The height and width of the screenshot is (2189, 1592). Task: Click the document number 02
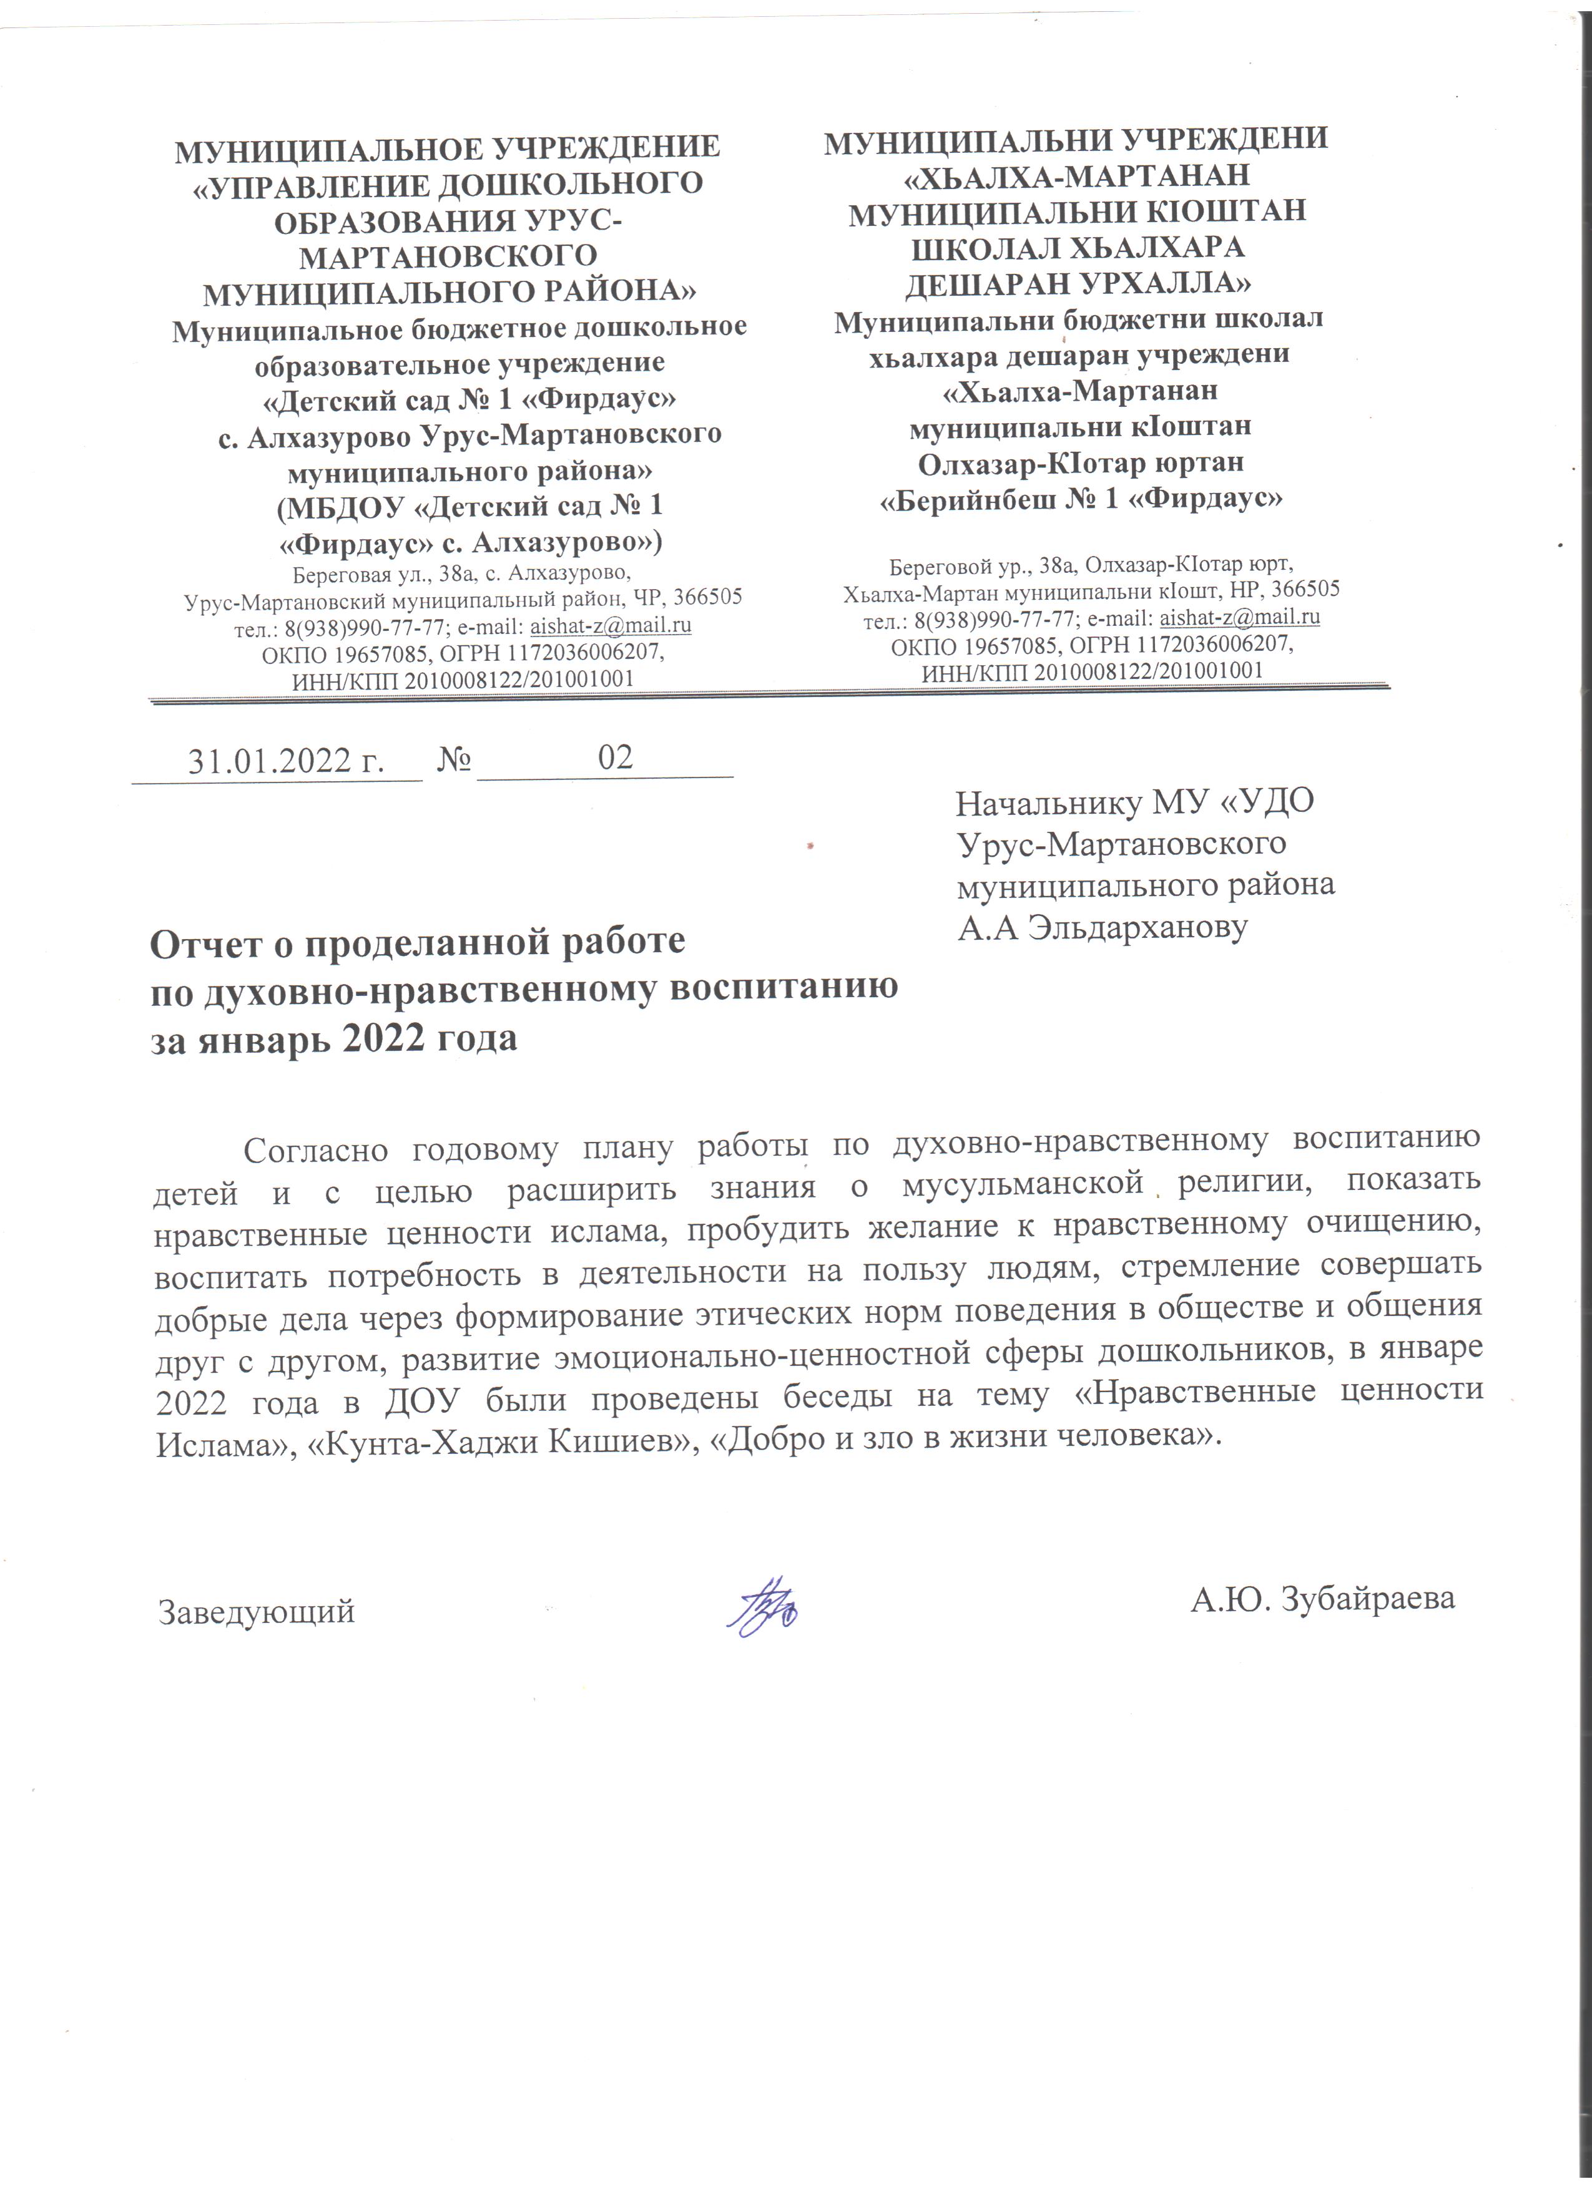pyautogui.click(x=615, y=758)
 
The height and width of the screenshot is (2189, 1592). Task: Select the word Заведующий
pyautogui.click(x=257, y=1612)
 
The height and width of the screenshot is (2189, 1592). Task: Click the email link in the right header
pyautogui.click(x=1240, y=617)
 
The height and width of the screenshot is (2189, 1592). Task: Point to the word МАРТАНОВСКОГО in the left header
pyautogui.click(x=448, y=256)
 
